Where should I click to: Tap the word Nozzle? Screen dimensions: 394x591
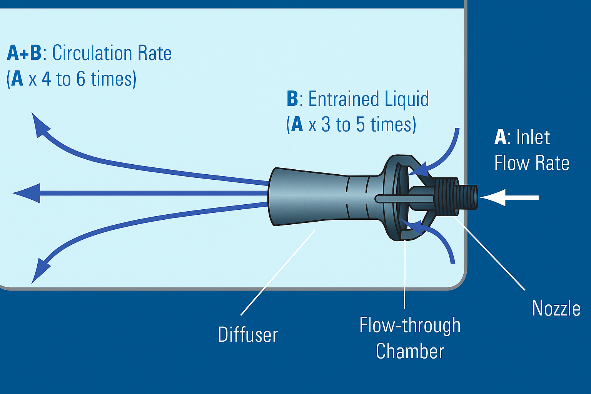click(556, 309)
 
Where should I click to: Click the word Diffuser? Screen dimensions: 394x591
click(248, 334)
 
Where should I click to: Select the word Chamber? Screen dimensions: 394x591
click(410, 351)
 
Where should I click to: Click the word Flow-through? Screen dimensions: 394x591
click(410, 326)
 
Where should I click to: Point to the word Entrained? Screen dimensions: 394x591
click(338, 99)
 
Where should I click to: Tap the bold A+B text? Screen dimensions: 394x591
click(24, 53)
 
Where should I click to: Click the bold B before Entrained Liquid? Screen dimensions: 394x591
click(292, 99)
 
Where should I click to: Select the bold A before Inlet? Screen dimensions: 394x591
click(500, 137)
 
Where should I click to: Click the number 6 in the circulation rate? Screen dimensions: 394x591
click(81, 79)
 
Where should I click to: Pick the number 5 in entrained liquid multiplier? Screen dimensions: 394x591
click(360, 125)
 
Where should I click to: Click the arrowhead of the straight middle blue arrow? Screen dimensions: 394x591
click(27, 193)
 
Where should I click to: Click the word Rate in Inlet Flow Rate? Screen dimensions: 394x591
click(552, 163)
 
